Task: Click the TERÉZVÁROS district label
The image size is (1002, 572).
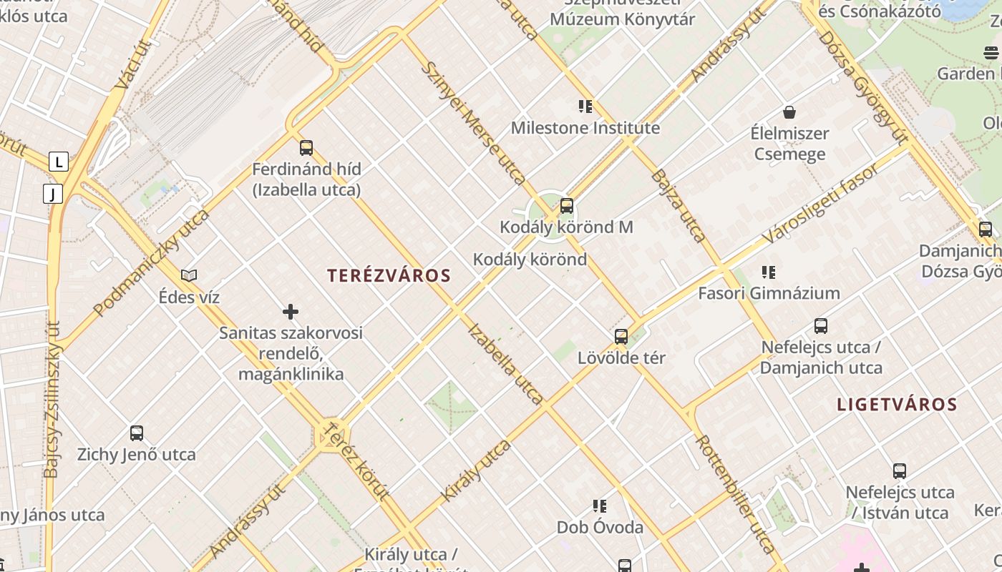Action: click(389, 276)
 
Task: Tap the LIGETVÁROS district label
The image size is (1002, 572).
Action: click(897, 405)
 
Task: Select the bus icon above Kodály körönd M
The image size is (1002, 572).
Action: click(566, 207)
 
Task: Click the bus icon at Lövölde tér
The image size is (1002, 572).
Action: click(621, 337)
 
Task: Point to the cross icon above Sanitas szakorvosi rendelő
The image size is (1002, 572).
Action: click(291, 312)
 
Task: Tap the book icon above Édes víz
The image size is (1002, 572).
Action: click(189, 275)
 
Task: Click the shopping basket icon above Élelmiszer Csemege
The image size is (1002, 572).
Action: click(789, 112)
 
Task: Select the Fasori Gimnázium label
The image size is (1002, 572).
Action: click(769, 293)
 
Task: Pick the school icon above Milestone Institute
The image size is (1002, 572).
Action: click(585, 107)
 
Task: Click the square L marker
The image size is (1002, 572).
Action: click(59, 162)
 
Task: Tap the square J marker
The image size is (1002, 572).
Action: click(52, 193)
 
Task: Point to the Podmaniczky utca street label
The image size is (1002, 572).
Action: click(151, 262)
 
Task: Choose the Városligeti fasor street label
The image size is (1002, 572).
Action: click(820, 203)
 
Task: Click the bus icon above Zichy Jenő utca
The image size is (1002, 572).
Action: click(136, 433)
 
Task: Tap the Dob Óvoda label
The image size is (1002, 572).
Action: click(600, 528)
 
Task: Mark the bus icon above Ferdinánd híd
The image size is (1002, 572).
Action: click(306, 148)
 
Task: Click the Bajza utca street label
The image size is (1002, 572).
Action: click(678, 206)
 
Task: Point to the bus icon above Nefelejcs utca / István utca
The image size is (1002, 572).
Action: click(900, 471)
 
